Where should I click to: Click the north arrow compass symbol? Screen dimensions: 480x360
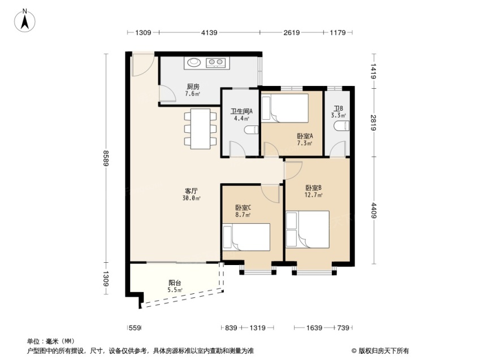pyautogui.click(x=25, y=20)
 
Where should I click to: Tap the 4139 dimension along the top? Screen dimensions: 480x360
pyautogui.click(x=209, y=32)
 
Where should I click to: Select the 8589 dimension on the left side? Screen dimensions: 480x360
pyautogui.click(x=106, y=158)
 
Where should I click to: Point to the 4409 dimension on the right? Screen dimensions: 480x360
pyautogui.click(x=374, y=210)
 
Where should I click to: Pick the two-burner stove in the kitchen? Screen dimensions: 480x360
pyautogui.click(x=215, y=62)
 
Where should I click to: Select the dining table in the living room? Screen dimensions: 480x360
pyautogui.click(x=200, y=129)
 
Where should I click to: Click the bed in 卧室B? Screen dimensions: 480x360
pyautogui.click(x=308, y=229)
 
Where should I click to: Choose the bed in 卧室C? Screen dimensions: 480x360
pyautogui.click(x=246, y=237)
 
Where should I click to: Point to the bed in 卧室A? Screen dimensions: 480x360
pyautogui.click(x=285, y=108)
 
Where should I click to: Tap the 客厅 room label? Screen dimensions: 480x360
pyautogui.click(x=191, y=191)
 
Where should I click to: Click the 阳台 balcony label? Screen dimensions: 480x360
pyautogui.click(x=175, y=283)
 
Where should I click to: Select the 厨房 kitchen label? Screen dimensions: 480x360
pyautogui.click(x=193, y=86)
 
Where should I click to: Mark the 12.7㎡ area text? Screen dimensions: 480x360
pyautogui.click(x=313, y=195)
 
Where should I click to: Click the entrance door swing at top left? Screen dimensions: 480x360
pyautogui.click(x=142, y=65)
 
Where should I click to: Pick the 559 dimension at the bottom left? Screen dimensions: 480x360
pyautogui.click(x=135, y=328)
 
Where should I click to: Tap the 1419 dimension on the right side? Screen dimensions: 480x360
pyautogui.click(x=374, y=71)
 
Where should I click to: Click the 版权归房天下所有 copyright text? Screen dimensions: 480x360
pyautogui.click(x=380, y=351)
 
